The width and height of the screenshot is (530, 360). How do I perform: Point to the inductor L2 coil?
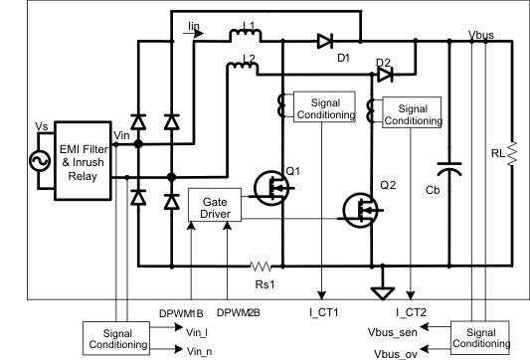[x=242, y=68]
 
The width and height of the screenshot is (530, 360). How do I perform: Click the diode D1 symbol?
[x=324, y=42]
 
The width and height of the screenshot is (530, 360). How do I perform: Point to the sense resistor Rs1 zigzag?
[x=261, y=267]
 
